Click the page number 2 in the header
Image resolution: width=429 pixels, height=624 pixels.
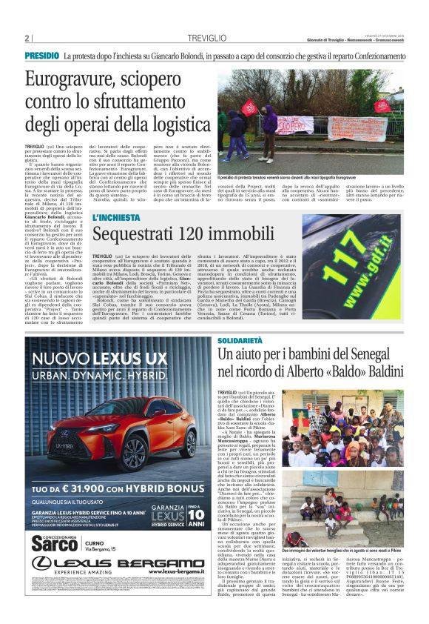pos(27,38)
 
